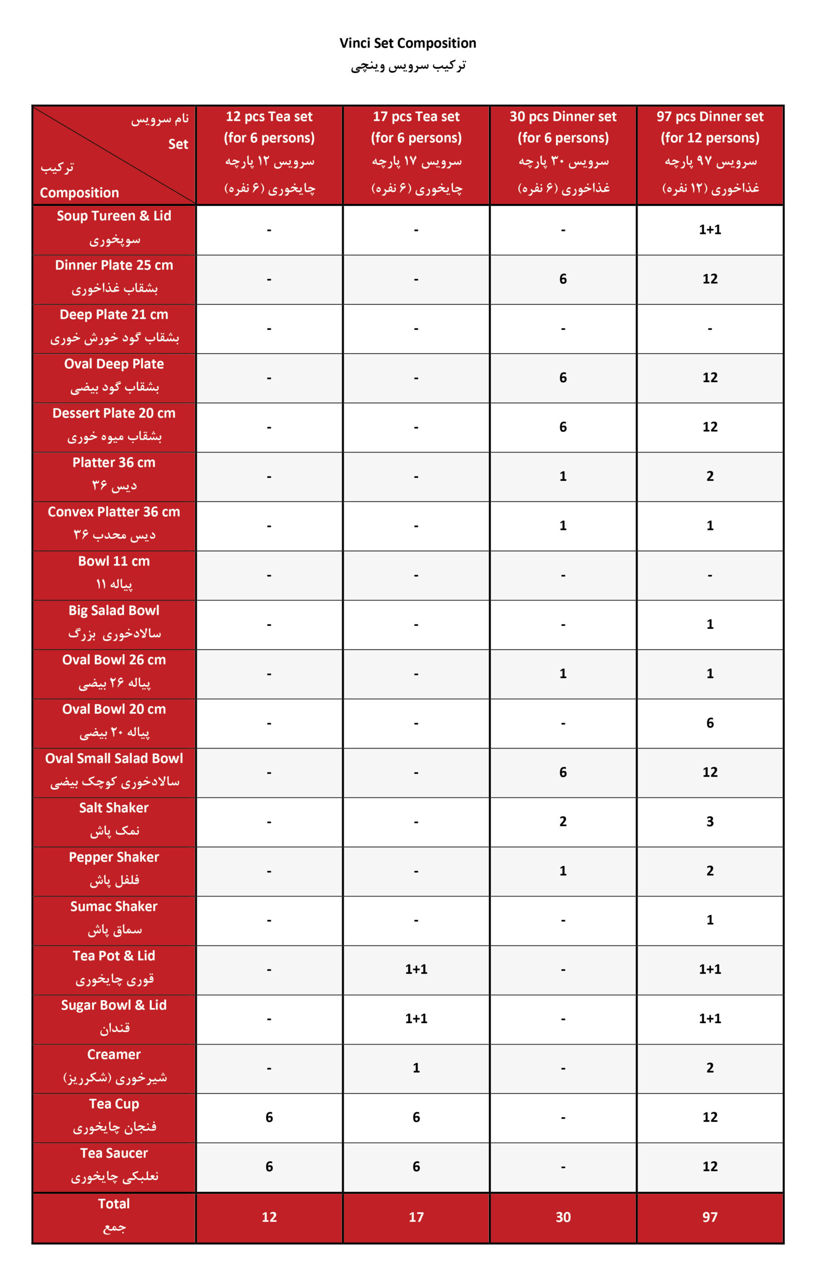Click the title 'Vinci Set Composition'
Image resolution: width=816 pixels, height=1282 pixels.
[407, 43]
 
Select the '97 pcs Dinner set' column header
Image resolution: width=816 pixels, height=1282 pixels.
[709, 117]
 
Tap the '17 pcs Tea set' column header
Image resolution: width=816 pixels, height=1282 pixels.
[416, 117]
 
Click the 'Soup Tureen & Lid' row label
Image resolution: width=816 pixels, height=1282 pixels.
[114, 216]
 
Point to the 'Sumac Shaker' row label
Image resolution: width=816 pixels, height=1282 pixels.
[114, 906]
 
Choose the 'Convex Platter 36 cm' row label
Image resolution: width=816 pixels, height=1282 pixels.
[114, 512]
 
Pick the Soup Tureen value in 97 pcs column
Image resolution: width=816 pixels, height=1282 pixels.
[709, 229]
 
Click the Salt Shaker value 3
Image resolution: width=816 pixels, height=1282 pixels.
[709, 821]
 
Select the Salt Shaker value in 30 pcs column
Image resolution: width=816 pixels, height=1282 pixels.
[563, 821]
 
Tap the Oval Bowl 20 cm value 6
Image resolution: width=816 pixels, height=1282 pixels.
[709, 723]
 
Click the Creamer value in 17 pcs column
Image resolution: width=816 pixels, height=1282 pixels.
[416, 1068]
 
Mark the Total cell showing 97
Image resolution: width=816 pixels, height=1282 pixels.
[709, 1217]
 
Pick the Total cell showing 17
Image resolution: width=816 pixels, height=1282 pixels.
[416, 1217]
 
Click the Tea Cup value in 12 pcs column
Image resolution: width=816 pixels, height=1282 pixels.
[269, 1117]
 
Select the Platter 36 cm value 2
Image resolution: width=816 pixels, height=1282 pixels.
[709, 476]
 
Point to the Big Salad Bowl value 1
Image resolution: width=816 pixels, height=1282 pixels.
[709, 624]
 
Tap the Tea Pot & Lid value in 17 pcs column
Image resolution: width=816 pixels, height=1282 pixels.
[416, 970]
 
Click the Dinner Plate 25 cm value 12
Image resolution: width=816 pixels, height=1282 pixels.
[709, 279]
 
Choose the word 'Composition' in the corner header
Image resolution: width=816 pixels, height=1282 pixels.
[79, 193]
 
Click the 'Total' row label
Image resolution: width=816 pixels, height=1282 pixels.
[114, 1204]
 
